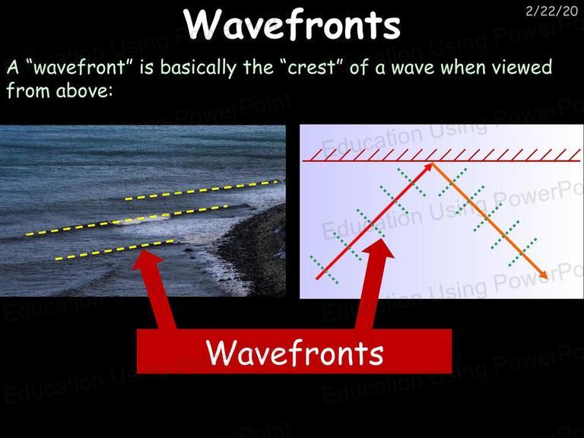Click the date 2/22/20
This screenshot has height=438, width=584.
pyautogui.click(x=551, y=11)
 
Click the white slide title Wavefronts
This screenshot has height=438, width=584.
pyautogui.click(x=292, y=24)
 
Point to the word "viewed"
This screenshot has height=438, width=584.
pyautogui.click(x=522, y=67)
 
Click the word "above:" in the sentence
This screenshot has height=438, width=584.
pyautogui.click(x=84, y=90)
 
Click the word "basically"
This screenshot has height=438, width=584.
pyautogui.click(x=198, y=68)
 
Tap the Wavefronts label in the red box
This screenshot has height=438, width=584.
pyautogui.click(x=294, y=352)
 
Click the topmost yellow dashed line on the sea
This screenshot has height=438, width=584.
pyautogui.click(x=202, y=190)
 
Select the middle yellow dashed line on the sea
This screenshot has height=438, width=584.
pyautogui.click(x=127, y=220)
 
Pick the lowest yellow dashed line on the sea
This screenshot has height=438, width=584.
pyautogui.click(x=114, y=250)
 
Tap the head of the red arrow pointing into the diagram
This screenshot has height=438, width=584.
pyautogui.click(x=378, y=249)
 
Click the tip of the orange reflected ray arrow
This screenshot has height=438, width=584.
pyautogui.click(x=547, y=278)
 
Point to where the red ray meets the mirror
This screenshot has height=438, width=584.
pyautogui.click(x=432, y=163)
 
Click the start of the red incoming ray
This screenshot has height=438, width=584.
pyautogui.click(x=317, y=278)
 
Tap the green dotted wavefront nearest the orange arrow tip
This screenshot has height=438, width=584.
pyautogui.click(x=523, y=252)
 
